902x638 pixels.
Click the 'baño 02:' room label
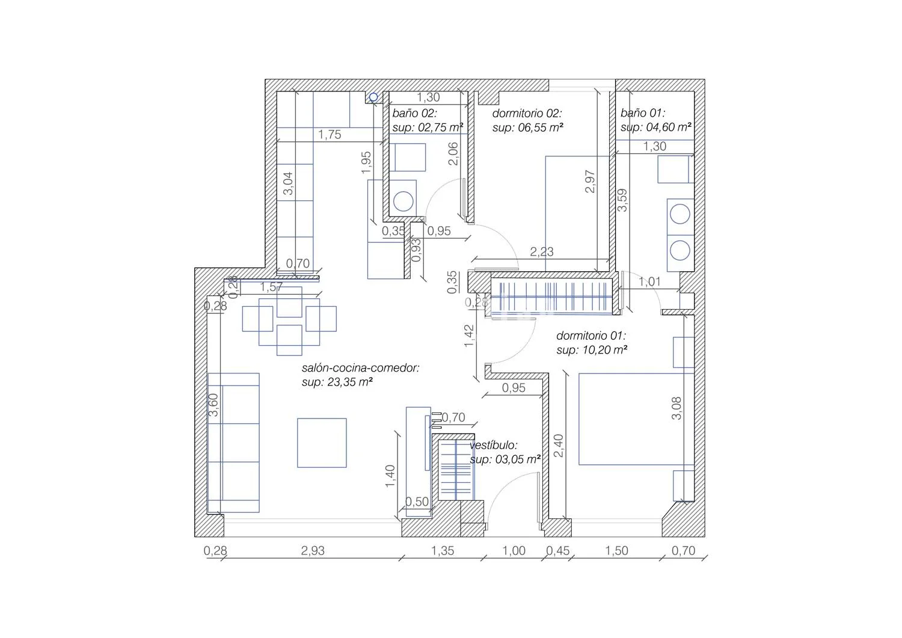(414, 113)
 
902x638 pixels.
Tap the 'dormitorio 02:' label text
(527, 113)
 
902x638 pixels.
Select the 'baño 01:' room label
(643, 113)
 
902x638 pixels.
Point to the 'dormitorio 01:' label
(591, 336)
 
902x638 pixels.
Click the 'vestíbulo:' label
(493, 445)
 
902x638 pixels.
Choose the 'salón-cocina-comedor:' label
(361, 368)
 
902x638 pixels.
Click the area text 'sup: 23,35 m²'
(337, 382)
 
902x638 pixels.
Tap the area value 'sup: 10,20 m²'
(592, 350)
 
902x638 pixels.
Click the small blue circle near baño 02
(373, 97)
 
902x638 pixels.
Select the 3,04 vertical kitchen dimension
(288, 183)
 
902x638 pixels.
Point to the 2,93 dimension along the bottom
(313, 551)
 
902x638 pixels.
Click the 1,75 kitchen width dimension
(330, 135)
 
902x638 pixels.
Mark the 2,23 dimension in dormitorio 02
(542, 252)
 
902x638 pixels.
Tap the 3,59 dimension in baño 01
(622, 200)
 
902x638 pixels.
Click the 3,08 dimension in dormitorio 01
(677, 408)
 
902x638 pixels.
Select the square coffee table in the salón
(322, 443)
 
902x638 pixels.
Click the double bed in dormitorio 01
(636, 419)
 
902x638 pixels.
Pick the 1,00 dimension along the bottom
(514, 551)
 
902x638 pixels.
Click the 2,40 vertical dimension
(559, 446)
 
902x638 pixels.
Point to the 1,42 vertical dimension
(469, 336)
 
